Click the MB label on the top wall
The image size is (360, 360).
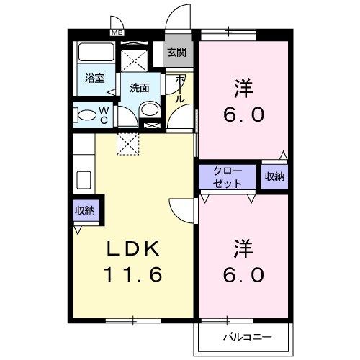tap(117, 32)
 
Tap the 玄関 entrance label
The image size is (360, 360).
tap(176, 52)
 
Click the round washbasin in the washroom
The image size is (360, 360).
tap(150, 109)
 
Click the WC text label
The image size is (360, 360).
tap(104, 115)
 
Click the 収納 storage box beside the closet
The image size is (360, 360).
tap(274, 176)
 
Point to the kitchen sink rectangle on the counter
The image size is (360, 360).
tap(82, 179)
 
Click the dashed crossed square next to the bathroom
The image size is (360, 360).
tap(135, 58)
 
